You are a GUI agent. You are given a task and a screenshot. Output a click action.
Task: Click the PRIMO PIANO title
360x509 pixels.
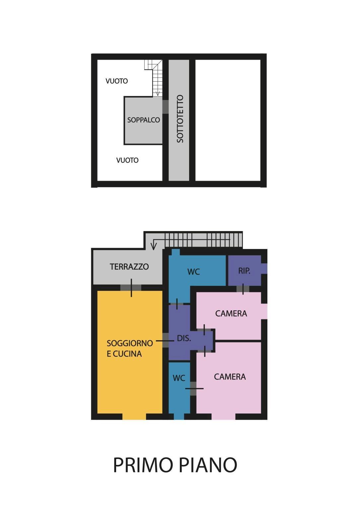(175, 465)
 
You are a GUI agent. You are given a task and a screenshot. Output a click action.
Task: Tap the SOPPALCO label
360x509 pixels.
(143, 120)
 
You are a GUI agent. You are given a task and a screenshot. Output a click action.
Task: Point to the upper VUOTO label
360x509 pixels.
(116, 81)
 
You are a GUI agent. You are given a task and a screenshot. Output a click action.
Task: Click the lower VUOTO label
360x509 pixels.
(127, 160)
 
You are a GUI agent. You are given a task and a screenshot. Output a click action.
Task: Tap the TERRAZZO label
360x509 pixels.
(129, 267)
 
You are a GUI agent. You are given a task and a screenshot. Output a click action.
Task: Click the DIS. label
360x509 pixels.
(184, 338)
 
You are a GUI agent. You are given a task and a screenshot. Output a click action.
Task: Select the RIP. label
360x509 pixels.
(244, 271)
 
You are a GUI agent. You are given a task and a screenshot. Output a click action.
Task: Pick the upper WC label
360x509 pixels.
(193, 272)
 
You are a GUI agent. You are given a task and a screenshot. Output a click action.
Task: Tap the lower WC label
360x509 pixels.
(179, 378)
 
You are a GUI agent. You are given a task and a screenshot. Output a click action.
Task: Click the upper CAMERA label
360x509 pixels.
(231, 313)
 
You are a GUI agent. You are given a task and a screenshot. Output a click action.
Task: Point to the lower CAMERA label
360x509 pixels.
(230, 377)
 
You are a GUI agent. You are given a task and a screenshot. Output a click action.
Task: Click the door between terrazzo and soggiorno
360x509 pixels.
(131, 287)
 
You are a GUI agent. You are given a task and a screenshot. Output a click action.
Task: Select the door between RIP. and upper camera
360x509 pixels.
(243, 288)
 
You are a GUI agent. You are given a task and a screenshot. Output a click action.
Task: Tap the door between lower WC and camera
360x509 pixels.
(193, 388)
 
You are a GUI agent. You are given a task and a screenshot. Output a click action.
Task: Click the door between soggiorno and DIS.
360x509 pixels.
(165, 341)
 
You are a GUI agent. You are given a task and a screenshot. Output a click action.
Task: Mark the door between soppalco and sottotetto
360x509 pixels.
(165, 107)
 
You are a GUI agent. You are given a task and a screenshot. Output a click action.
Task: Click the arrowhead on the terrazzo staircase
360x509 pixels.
(153, 246)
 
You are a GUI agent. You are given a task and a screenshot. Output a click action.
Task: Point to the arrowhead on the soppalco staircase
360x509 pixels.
(158, 93)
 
